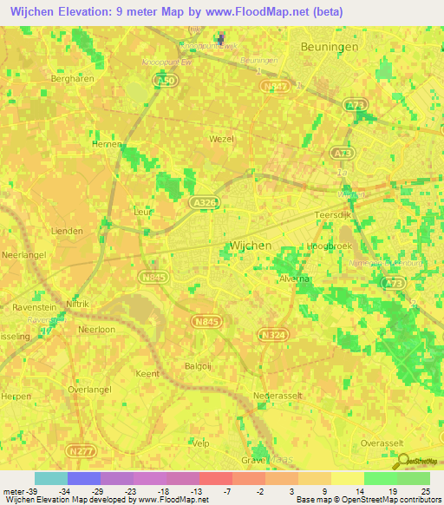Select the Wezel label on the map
(223, 138)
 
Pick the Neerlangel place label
(23, 256)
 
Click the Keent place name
(147, 373)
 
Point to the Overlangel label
(89, 390)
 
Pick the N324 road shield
(271, 332)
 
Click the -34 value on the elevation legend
(64, 491)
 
